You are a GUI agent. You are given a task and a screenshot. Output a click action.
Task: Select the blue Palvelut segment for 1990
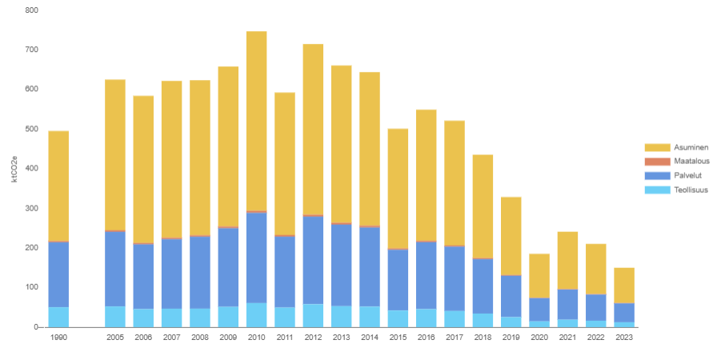click(x=58, y=274)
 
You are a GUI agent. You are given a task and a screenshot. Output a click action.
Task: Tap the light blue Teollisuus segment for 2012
click(x=313, y=315)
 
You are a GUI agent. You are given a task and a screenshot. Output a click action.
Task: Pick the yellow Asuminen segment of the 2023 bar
click(x=624, y=285)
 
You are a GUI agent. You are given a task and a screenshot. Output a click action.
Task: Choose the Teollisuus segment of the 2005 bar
click(x=115, y=316)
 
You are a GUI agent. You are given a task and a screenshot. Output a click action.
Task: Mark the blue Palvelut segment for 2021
click(x=567, y=304)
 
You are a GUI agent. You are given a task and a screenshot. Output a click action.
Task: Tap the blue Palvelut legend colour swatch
click(x=656, y=176)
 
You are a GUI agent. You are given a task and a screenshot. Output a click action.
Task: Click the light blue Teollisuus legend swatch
click(x=656, y=190)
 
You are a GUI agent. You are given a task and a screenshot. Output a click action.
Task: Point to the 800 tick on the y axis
click(x=31, y=10)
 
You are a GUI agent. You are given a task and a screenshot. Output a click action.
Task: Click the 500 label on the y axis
click(x=31, y=129)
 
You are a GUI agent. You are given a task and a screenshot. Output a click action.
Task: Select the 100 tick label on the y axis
click(x=31, y=287)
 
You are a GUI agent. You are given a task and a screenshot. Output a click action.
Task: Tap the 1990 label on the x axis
click(x=58, y=338)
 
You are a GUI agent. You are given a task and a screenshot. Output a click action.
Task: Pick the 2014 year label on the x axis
click(x=369, y=338)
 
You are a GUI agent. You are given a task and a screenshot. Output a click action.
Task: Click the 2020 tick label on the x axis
click(x=539, y=338)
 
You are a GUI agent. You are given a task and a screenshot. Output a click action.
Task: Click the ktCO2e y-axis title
click(x=14, y=169)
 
